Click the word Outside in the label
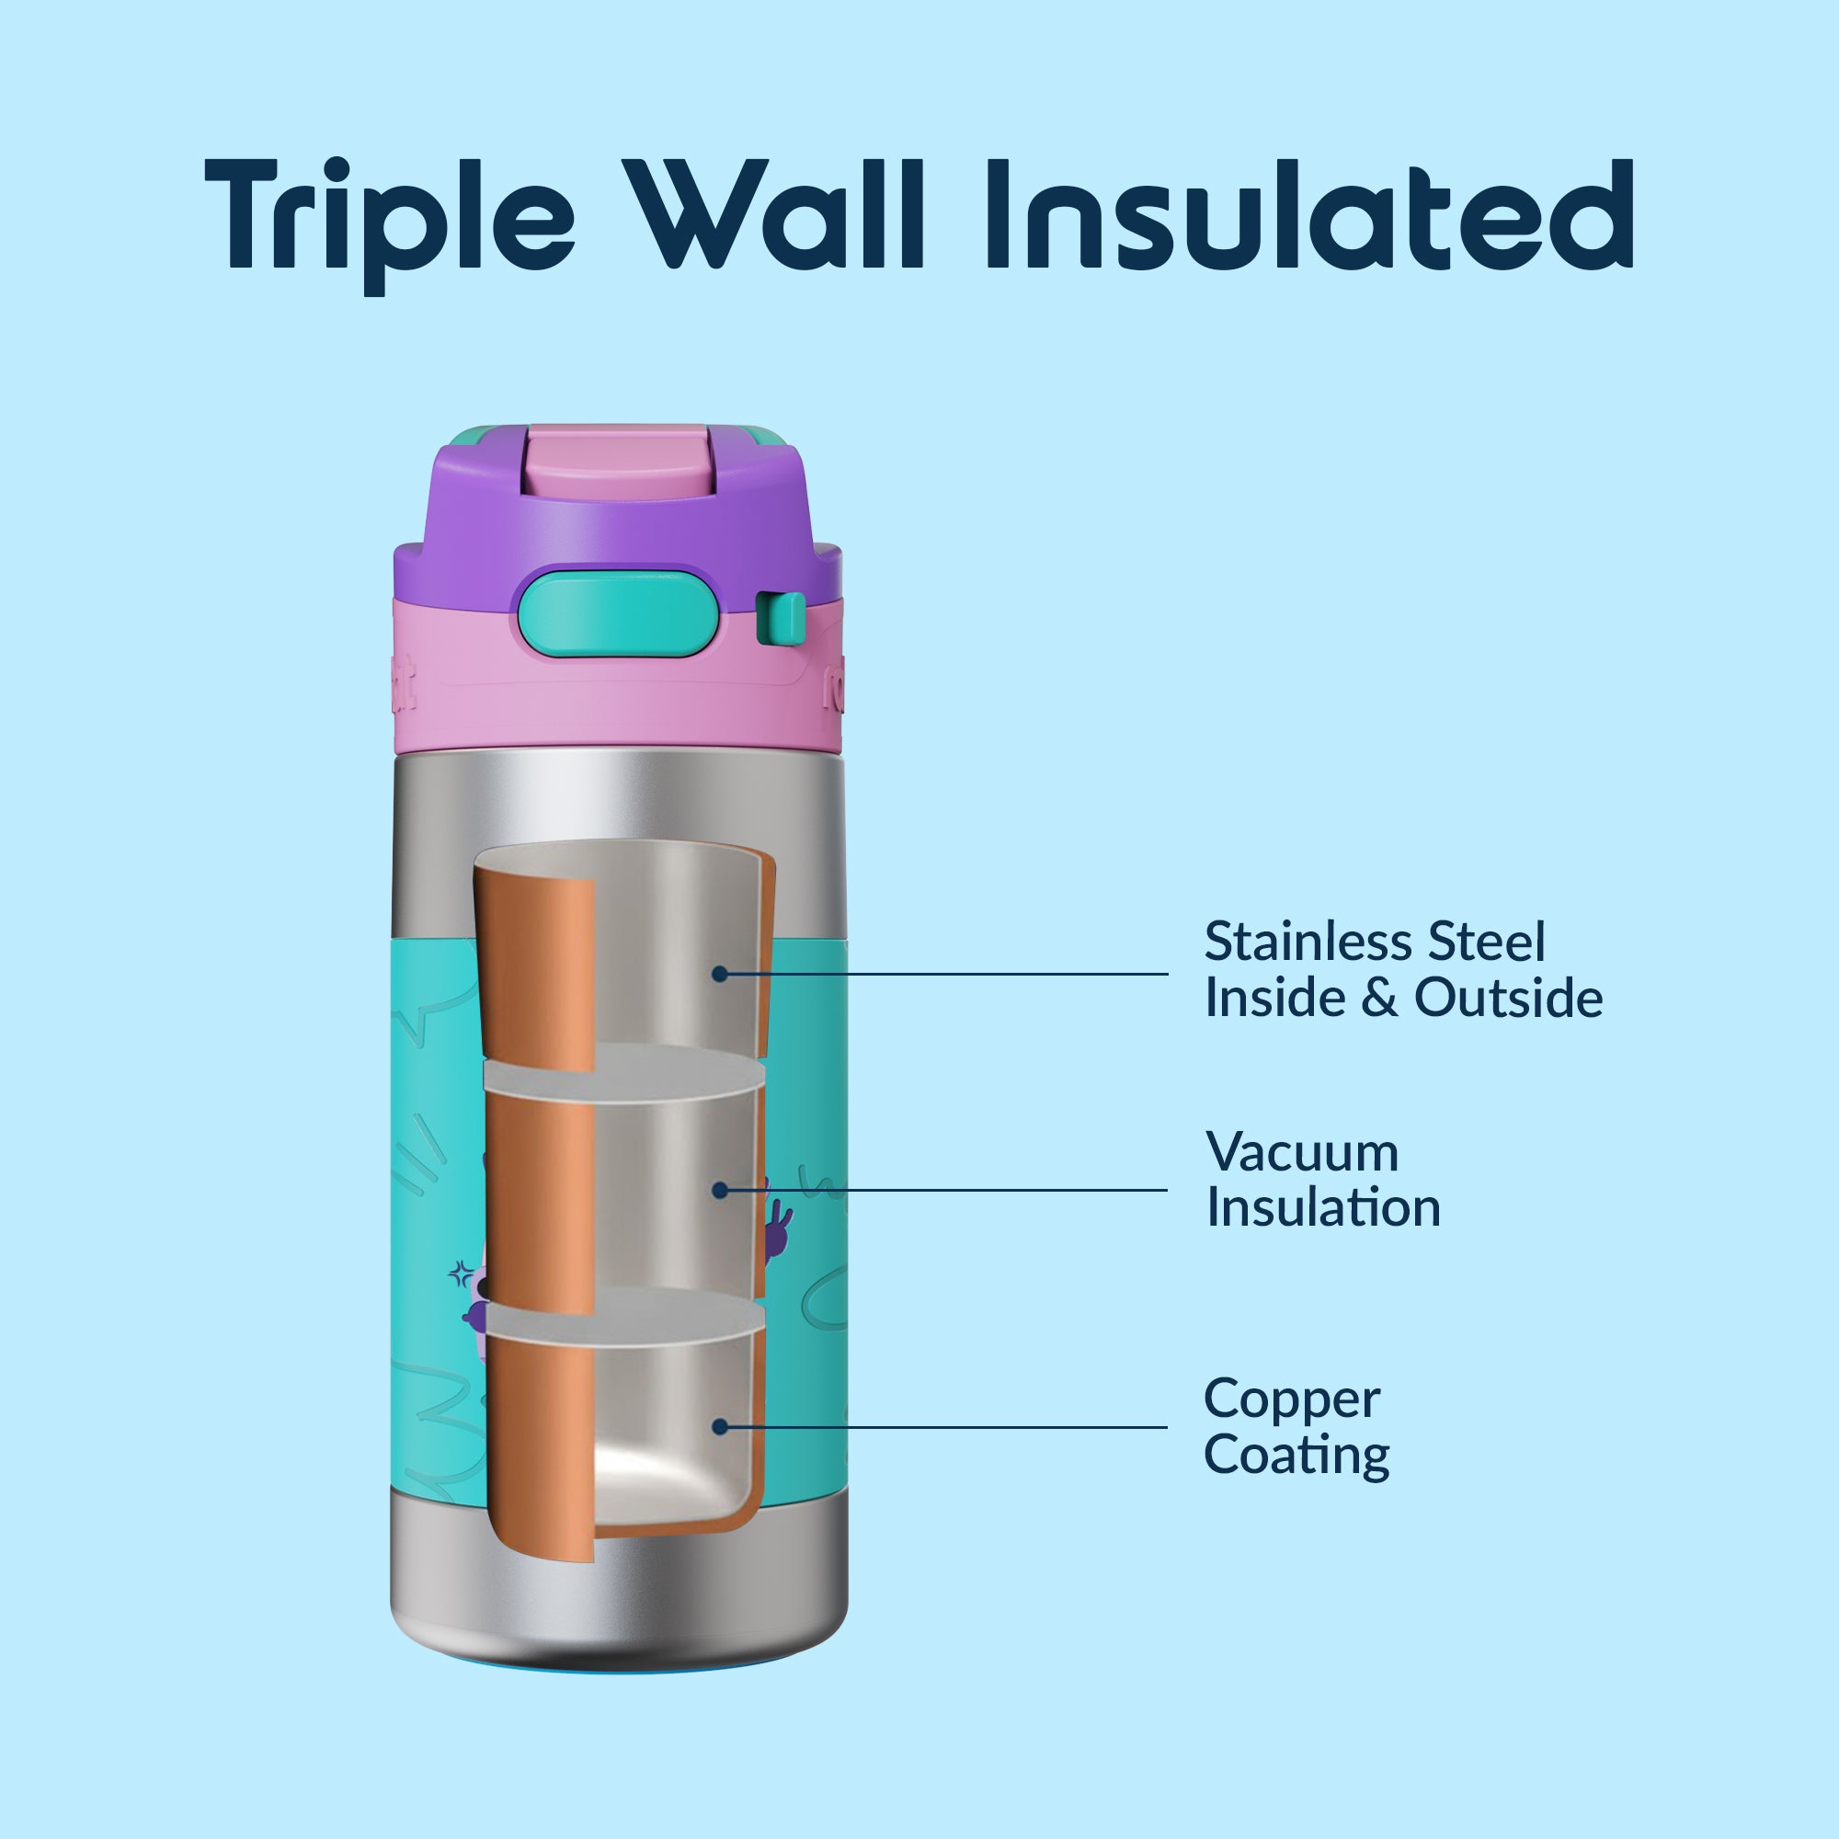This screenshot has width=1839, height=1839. click(x=1508, y=998)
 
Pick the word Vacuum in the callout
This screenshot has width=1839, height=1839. click(x=1301, y=1153)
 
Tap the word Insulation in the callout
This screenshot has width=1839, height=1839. click(x=1323, y=1208)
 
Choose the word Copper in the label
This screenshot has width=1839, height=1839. click(x=1291, y=1400)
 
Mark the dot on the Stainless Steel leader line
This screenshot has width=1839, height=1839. click(x=720, y=974)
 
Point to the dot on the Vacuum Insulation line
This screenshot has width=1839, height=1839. click(x=720, y=1190)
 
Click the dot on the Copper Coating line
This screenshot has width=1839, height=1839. click(x=720, y=1427)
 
